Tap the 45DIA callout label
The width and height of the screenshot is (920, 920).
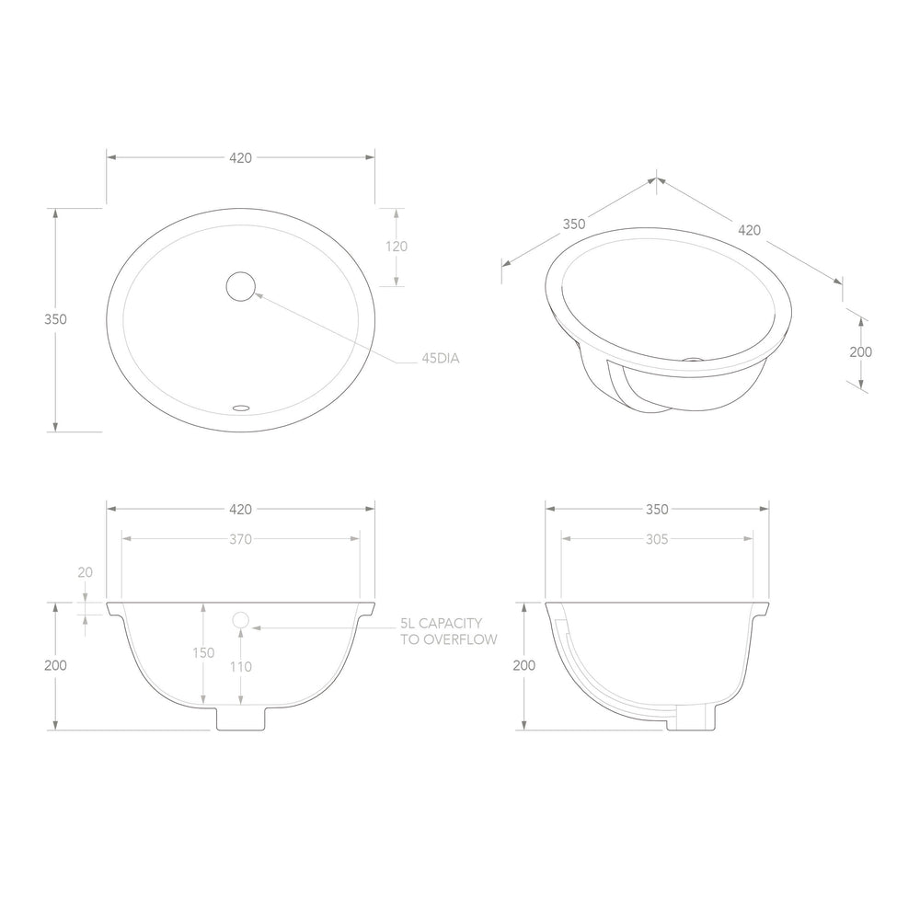[441, 358]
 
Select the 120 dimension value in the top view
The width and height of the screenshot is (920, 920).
[397, 247]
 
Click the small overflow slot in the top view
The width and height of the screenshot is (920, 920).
[241, 407]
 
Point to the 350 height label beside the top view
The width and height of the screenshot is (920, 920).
[56, 319]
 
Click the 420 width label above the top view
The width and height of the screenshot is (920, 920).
[240, 158]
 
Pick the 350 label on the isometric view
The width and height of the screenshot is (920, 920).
[574, 224]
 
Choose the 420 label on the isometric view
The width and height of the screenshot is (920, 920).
[749, 230]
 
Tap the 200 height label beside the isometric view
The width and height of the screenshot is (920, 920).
[861, 352]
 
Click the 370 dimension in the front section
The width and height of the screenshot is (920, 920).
[240, 539]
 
